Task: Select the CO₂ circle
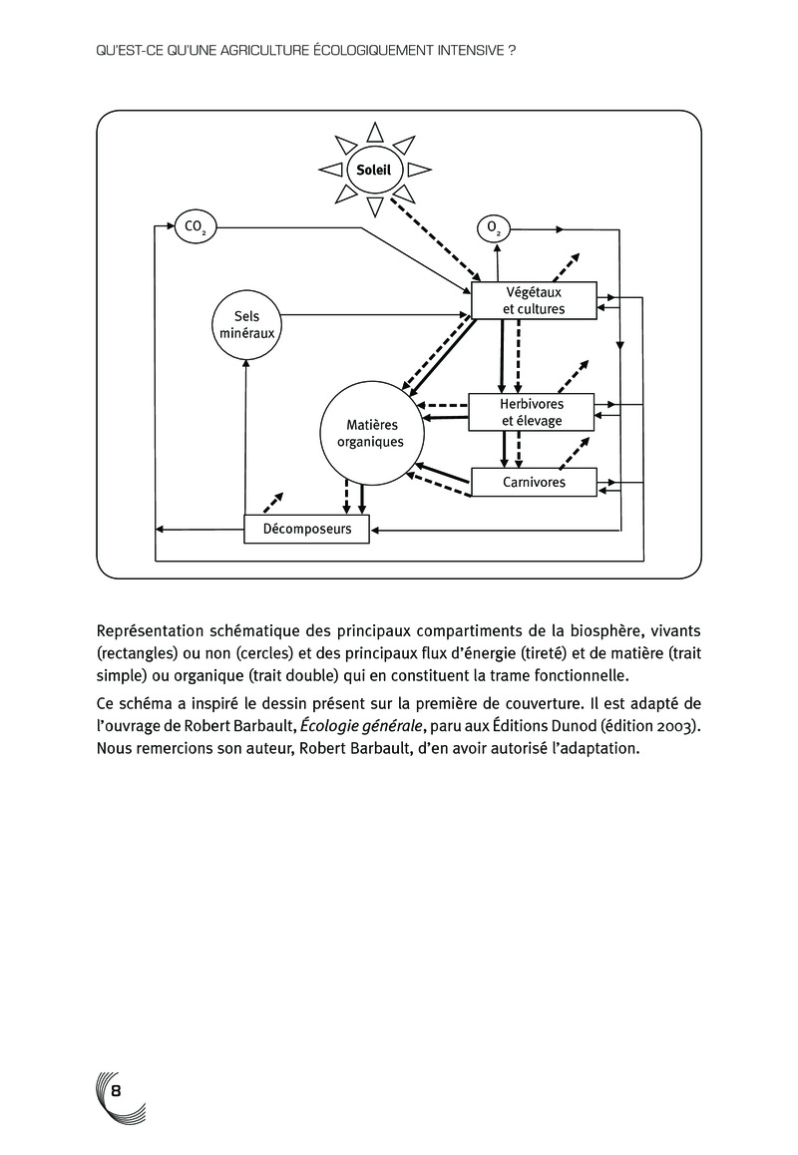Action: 194,227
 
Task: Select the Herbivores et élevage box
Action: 532,413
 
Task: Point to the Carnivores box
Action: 534,483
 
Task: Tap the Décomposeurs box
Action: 306,529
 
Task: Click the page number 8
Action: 116,1088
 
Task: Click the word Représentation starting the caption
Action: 155,631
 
